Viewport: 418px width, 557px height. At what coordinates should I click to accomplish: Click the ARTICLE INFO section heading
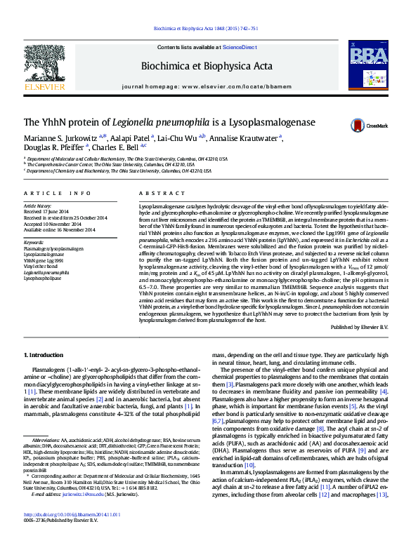click(58, 192)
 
